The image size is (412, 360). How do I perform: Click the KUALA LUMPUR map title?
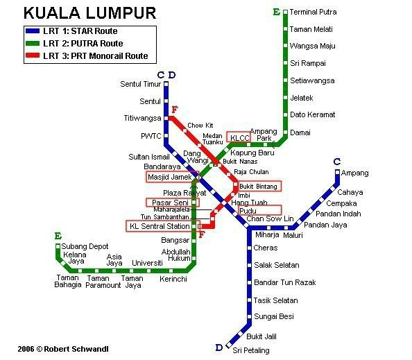coord(90,13)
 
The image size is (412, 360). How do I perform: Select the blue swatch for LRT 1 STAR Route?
coord(33,31)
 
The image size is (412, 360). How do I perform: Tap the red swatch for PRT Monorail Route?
coord(33,55)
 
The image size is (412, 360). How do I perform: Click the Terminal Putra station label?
coord(313,12)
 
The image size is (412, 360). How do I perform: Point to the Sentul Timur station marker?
coord(166,84)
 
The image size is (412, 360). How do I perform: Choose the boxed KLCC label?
coord(239,138)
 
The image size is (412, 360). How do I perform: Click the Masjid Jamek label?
coord(170,177)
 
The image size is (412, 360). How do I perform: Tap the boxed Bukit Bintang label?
coord(258,187)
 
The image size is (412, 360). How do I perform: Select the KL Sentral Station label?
coord(160,226)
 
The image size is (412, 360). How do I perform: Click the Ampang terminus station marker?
coord(338,172)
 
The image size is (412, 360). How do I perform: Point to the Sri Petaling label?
coord(251,350)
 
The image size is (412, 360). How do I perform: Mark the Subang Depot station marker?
coord(58,246)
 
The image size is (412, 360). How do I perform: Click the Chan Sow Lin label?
coord(270,218)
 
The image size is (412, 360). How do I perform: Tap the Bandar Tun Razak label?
coord(285,282)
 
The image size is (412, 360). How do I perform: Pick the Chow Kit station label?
coord(200,126)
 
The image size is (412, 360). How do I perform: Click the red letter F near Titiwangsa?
coord(175,110)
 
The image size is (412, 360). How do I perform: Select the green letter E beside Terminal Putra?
coord(277,12)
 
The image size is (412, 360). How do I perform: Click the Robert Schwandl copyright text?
coord(63,349)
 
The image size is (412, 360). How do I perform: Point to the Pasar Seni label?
coord(170,203)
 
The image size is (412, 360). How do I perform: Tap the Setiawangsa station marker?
coord(285,80)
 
